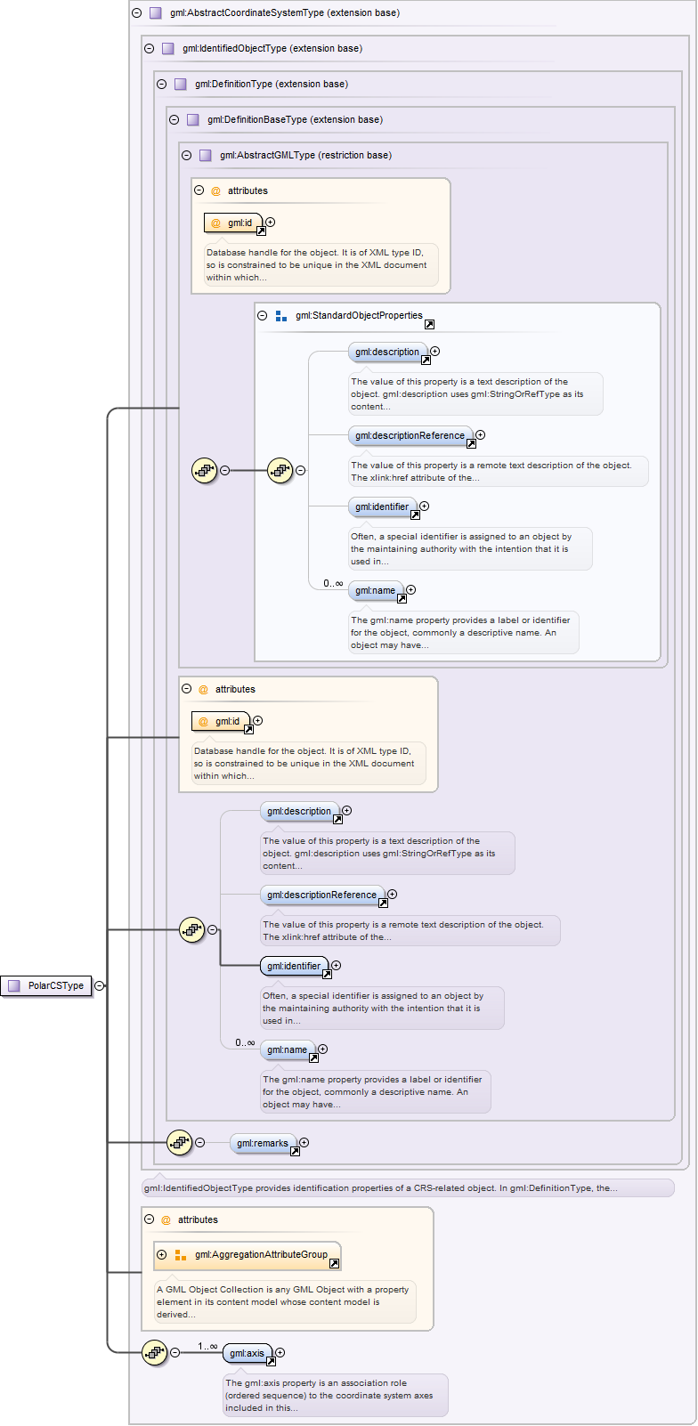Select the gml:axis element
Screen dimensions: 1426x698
coord(247,1353)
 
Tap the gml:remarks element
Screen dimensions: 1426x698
coord(262,1143)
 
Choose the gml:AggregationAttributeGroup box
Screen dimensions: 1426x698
coord(261,1254)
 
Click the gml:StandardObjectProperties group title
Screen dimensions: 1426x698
coord(359,315)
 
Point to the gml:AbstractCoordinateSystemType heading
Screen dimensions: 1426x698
coord(285,13)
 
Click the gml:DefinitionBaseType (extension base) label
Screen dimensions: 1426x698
coord(295,119)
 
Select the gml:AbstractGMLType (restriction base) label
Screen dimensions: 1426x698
coord(305,155)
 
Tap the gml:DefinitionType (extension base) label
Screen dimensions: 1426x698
coord(272,84)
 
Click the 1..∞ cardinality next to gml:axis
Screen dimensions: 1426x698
coord(207,1346)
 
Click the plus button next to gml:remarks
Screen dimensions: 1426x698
coord(304,1142)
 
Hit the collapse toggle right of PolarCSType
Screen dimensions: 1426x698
coord(100,985)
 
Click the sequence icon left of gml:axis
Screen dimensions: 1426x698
coord(155,1352)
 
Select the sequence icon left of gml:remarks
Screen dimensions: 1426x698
coord(180,1142)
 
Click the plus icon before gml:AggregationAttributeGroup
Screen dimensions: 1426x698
coord(161,1254)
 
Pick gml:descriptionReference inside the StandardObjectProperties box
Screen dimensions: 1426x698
coord(410,435)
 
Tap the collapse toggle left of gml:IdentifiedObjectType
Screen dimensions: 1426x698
coord(149,48)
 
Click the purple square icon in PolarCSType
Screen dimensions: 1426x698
coord(13,985)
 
